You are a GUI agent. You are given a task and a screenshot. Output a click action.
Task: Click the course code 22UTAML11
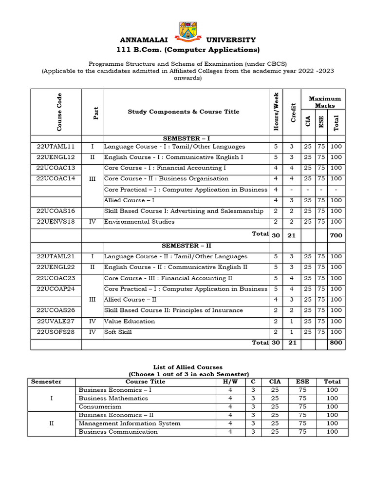pyautogui.click(x=56, y=146)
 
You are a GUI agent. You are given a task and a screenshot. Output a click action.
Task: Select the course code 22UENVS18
pyautogui.click(x=56, y=222)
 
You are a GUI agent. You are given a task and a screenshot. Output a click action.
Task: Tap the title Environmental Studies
pyautogui.click(x=139, y=222)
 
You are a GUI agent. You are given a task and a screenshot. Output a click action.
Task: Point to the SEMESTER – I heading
pyautogui.click(x=187, y=138)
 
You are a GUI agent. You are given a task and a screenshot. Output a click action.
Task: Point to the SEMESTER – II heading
pyautogui.click(x=187, y=246)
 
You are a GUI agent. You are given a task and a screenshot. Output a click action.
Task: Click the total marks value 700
pyautogui.click(x=336, y=235)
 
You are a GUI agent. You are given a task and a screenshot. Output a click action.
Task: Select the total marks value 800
pyautogui.click(x=336, y=343)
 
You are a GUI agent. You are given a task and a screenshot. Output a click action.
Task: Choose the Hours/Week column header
pyautogui.click(x=276, y=112)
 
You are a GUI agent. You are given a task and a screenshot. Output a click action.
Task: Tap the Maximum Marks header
pyautogui.click(x=325, y=102)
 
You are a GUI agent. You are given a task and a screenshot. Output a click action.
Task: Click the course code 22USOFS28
pyautogui.click(x=56, y=332)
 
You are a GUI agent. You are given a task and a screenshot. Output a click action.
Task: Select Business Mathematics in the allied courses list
pyautogui.click(x=113, y=398)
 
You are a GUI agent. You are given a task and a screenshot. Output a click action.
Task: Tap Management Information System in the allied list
pyautogui.click(x=130, y=423)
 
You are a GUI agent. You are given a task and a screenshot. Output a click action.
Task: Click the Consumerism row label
pyautogui.click(x=100, y=406)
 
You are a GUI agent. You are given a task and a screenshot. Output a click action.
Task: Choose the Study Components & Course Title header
pyautogui.click(x=184, y=112)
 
